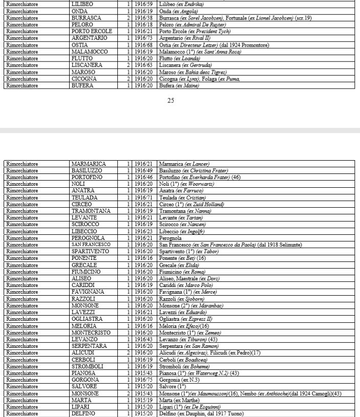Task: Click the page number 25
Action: click(x=171, y=101)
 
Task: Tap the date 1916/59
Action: click(x=143, y=4)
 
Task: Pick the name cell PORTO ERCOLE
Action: click(x=90, y=31)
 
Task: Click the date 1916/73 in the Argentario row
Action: click(x=143, y=38)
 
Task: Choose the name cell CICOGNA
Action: click(x=83, y=79)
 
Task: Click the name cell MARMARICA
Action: click(x=89, y=164)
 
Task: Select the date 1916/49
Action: click(x=143, y=170)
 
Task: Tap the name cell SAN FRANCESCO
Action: click(x=91, y=245)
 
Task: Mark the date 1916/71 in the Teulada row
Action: click(x=143, y=197)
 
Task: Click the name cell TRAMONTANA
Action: click(x=91, y=211)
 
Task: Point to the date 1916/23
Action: click(x=143, y=231)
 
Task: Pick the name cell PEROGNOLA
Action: click(x=88, y=238)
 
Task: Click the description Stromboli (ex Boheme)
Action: click(x=184, y=366)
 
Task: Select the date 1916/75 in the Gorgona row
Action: click(x=143, y=380)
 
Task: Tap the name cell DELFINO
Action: click(x=83, y=413)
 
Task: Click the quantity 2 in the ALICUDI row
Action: click(x=128, y=353)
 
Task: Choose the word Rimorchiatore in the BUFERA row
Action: click(x=22, y=85)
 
